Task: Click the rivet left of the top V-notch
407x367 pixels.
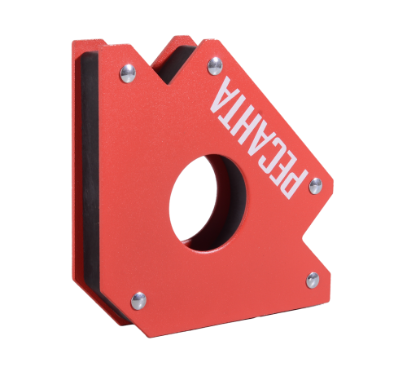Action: (x=128, y=73)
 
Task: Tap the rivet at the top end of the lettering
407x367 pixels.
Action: (x=215, y=66)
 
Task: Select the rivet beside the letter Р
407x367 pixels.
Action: (x=315, y=186)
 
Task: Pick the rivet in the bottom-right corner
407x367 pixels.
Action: (x=313, y=280)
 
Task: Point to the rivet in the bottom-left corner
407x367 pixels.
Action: (x=138, y=301)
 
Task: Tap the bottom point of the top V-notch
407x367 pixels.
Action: (x=168, y=84)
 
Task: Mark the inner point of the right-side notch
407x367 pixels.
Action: (x=302, y=238)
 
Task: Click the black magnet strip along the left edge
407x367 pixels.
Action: (x=90, y=174)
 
